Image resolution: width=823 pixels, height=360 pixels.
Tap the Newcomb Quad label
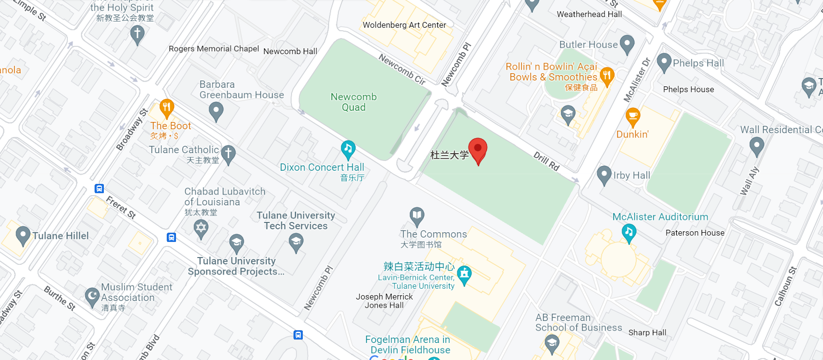353,102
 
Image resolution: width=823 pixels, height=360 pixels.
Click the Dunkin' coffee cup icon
633,117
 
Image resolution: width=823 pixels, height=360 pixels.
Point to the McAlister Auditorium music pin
629,232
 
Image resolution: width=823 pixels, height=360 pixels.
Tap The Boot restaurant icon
167,108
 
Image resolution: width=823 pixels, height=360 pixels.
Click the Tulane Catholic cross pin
228,153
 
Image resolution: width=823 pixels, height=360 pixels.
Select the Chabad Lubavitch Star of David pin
201,228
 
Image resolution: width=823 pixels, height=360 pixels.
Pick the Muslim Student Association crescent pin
92,296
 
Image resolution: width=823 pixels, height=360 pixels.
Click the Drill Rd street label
546,161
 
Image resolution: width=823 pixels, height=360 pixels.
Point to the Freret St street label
121,207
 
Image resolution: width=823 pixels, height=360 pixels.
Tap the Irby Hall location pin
604,175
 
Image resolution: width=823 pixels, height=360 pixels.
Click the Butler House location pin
627,44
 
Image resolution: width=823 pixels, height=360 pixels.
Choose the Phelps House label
688,89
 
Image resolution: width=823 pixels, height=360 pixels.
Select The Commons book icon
417,215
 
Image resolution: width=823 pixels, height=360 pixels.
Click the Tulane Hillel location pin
23,235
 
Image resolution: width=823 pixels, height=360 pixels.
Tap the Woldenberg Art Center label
404,25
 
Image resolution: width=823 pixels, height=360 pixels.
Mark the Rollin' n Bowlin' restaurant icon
607,76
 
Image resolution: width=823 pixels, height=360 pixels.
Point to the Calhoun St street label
785,286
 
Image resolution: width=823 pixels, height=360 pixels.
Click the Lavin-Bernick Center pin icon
464,275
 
